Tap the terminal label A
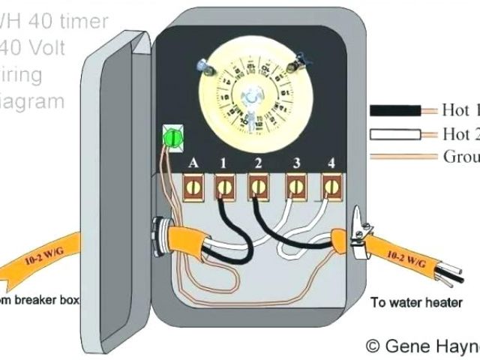tap(193, 161)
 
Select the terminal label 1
tap(222, 161)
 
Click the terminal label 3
tap(297, 161)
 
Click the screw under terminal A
tap(194, 185)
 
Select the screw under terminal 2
tap(259, 185)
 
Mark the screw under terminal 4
tap(330, 185)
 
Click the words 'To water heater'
tap(409, 302)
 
